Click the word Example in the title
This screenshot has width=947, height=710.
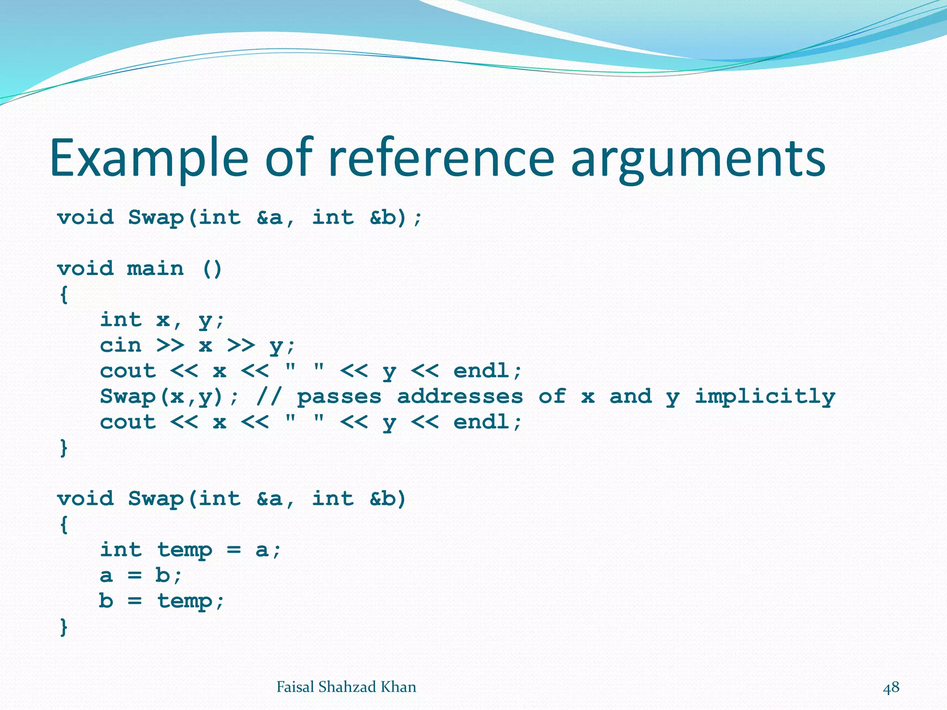tap(149, 158)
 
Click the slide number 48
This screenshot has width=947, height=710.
tap(891, 687)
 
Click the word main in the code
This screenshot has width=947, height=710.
tap(155, 269)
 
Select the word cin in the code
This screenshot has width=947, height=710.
tap(121, 345)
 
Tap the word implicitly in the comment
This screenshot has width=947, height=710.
tap(765, 397)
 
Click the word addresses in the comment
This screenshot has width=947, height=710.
tap(460, 397)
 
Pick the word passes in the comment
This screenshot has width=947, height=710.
tap(339, 397)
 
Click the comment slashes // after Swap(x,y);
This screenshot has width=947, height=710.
tap(269, 397)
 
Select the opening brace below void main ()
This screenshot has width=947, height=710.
tap(64, 294)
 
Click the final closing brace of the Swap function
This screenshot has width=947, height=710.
tap(64, 627)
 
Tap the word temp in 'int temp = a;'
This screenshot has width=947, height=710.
tap(184, 550)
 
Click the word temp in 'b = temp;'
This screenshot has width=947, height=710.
tap(184, 601)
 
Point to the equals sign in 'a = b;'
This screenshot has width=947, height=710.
tap(134, 576)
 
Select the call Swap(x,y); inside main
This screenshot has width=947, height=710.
tap(169, 397)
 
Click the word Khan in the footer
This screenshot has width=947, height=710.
tap(398, 687)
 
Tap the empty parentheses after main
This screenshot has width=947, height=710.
tap(212, 269)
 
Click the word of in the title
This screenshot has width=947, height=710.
tap(289, 158)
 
